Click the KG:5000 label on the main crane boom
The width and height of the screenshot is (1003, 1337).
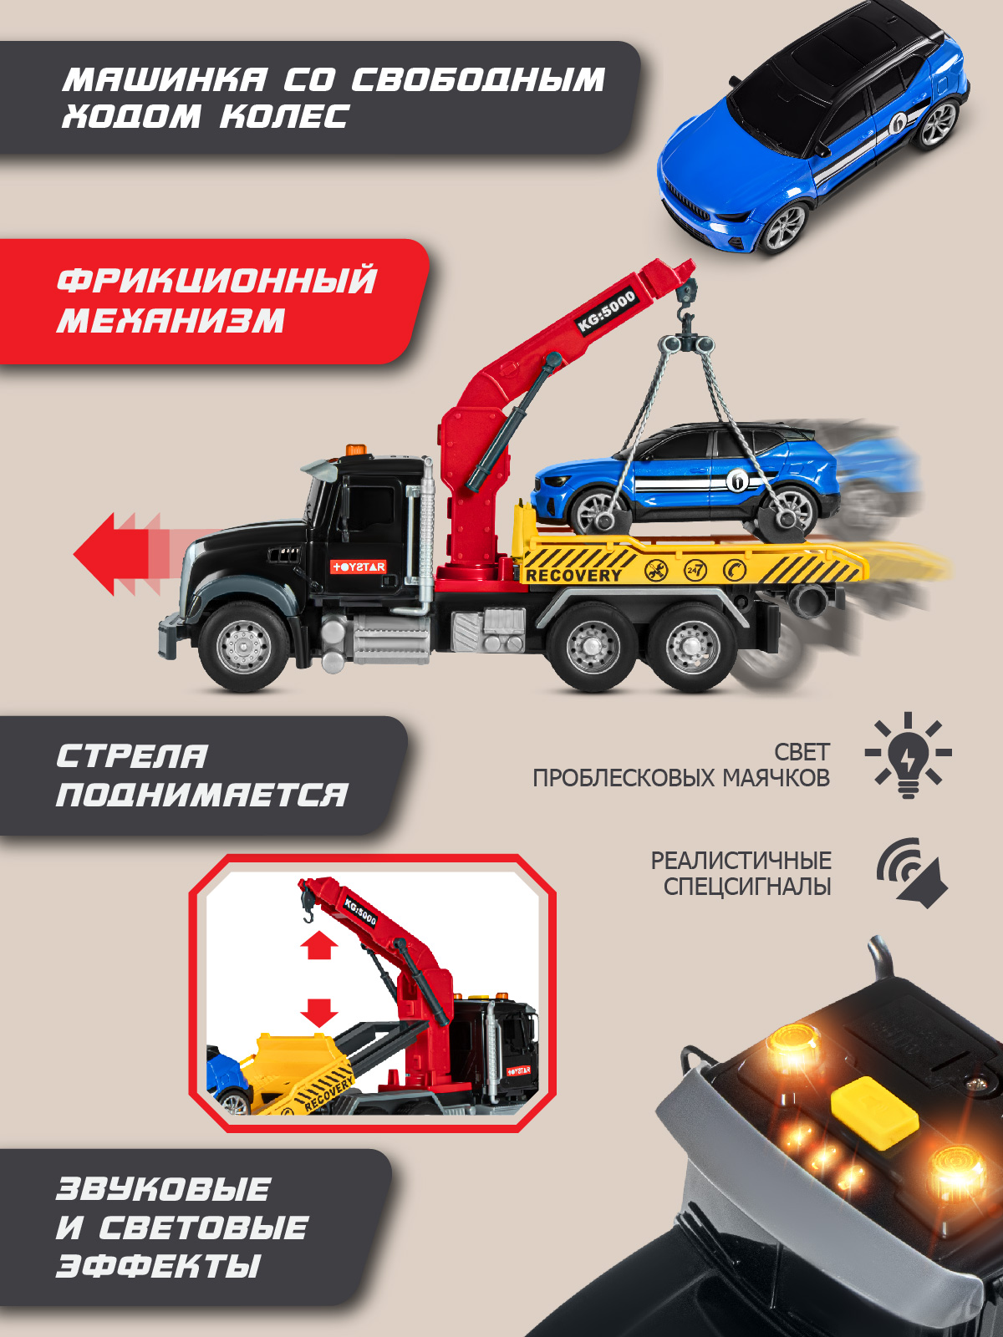(607, 311)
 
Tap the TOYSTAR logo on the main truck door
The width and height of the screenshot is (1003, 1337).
(358, 567)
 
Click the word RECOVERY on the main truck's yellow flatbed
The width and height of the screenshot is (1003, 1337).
(573, 575)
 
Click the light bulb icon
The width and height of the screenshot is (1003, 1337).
(908, 755)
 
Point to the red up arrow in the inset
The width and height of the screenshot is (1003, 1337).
(319, 947)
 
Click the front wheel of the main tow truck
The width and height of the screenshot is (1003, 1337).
(243, 646)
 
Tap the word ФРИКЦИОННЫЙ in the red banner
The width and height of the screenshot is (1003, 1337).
(217, 280)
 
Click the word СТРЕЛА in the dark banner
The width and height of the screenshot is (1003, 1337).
(132, 756)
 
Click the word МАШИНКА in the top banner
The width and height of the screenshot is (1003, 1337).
(165, 79)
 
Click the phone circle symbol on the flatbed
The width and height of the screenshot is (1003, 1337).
(735, 570)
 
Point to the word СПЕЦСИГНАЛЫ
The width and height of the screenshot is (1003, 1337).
(746, 887)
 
